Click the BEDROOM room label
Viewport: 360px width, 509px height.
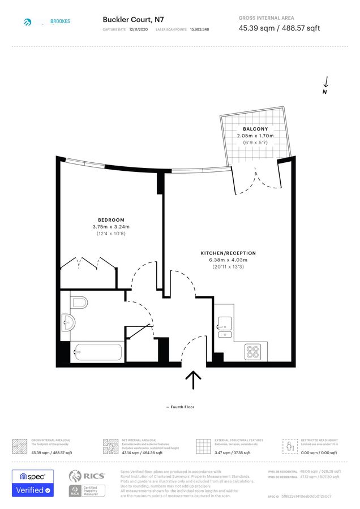click(111, 220)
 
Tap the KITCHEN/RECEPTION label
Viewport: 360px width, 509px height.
click(228, 253)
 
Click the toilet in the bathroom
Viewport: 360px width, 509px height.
click(80, 303)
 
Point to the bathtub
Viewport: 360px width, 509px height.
click(97, 352)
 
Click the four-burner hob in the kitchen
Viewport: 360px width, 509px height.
click(252, 352)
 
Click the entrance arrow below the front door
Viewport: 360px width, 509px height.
click(194, 380)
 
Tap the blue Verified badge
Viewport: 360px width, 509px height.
click(33, 490)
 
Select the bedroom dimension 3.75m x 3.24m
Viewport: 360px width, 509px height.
click(111, 227)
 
